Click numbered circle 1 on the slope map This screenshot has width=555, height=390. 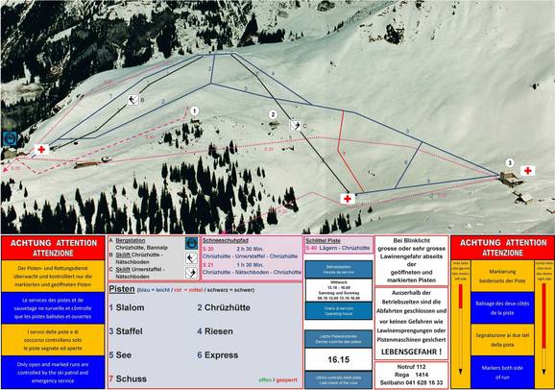click(x=195, y=110)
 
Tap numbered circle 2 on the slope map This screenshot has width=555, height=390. click(x=273, y=115)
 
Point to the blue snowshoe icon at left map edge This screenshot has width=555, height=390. click(x=10, y=138)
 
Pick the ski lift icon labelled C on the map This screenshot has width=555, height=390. click(x=295, y=126)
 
